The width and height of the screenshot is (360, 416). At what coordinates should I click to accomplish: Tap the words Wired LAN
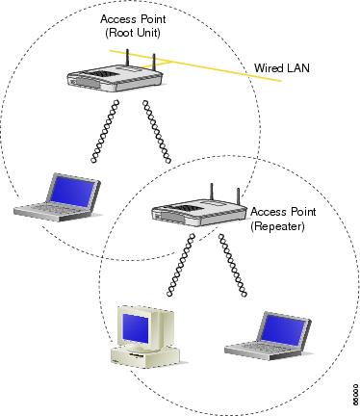tap(280, 69)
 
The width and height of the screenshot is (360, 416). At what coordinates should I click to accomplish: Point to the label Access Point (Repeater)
tap(281, 217)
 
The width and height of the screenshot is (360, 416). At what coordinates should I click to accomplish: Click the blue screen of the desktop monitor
tap(135, 326)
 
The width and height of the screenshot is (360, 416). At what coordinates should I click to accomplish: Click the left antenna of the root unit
tap(128, 54)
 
